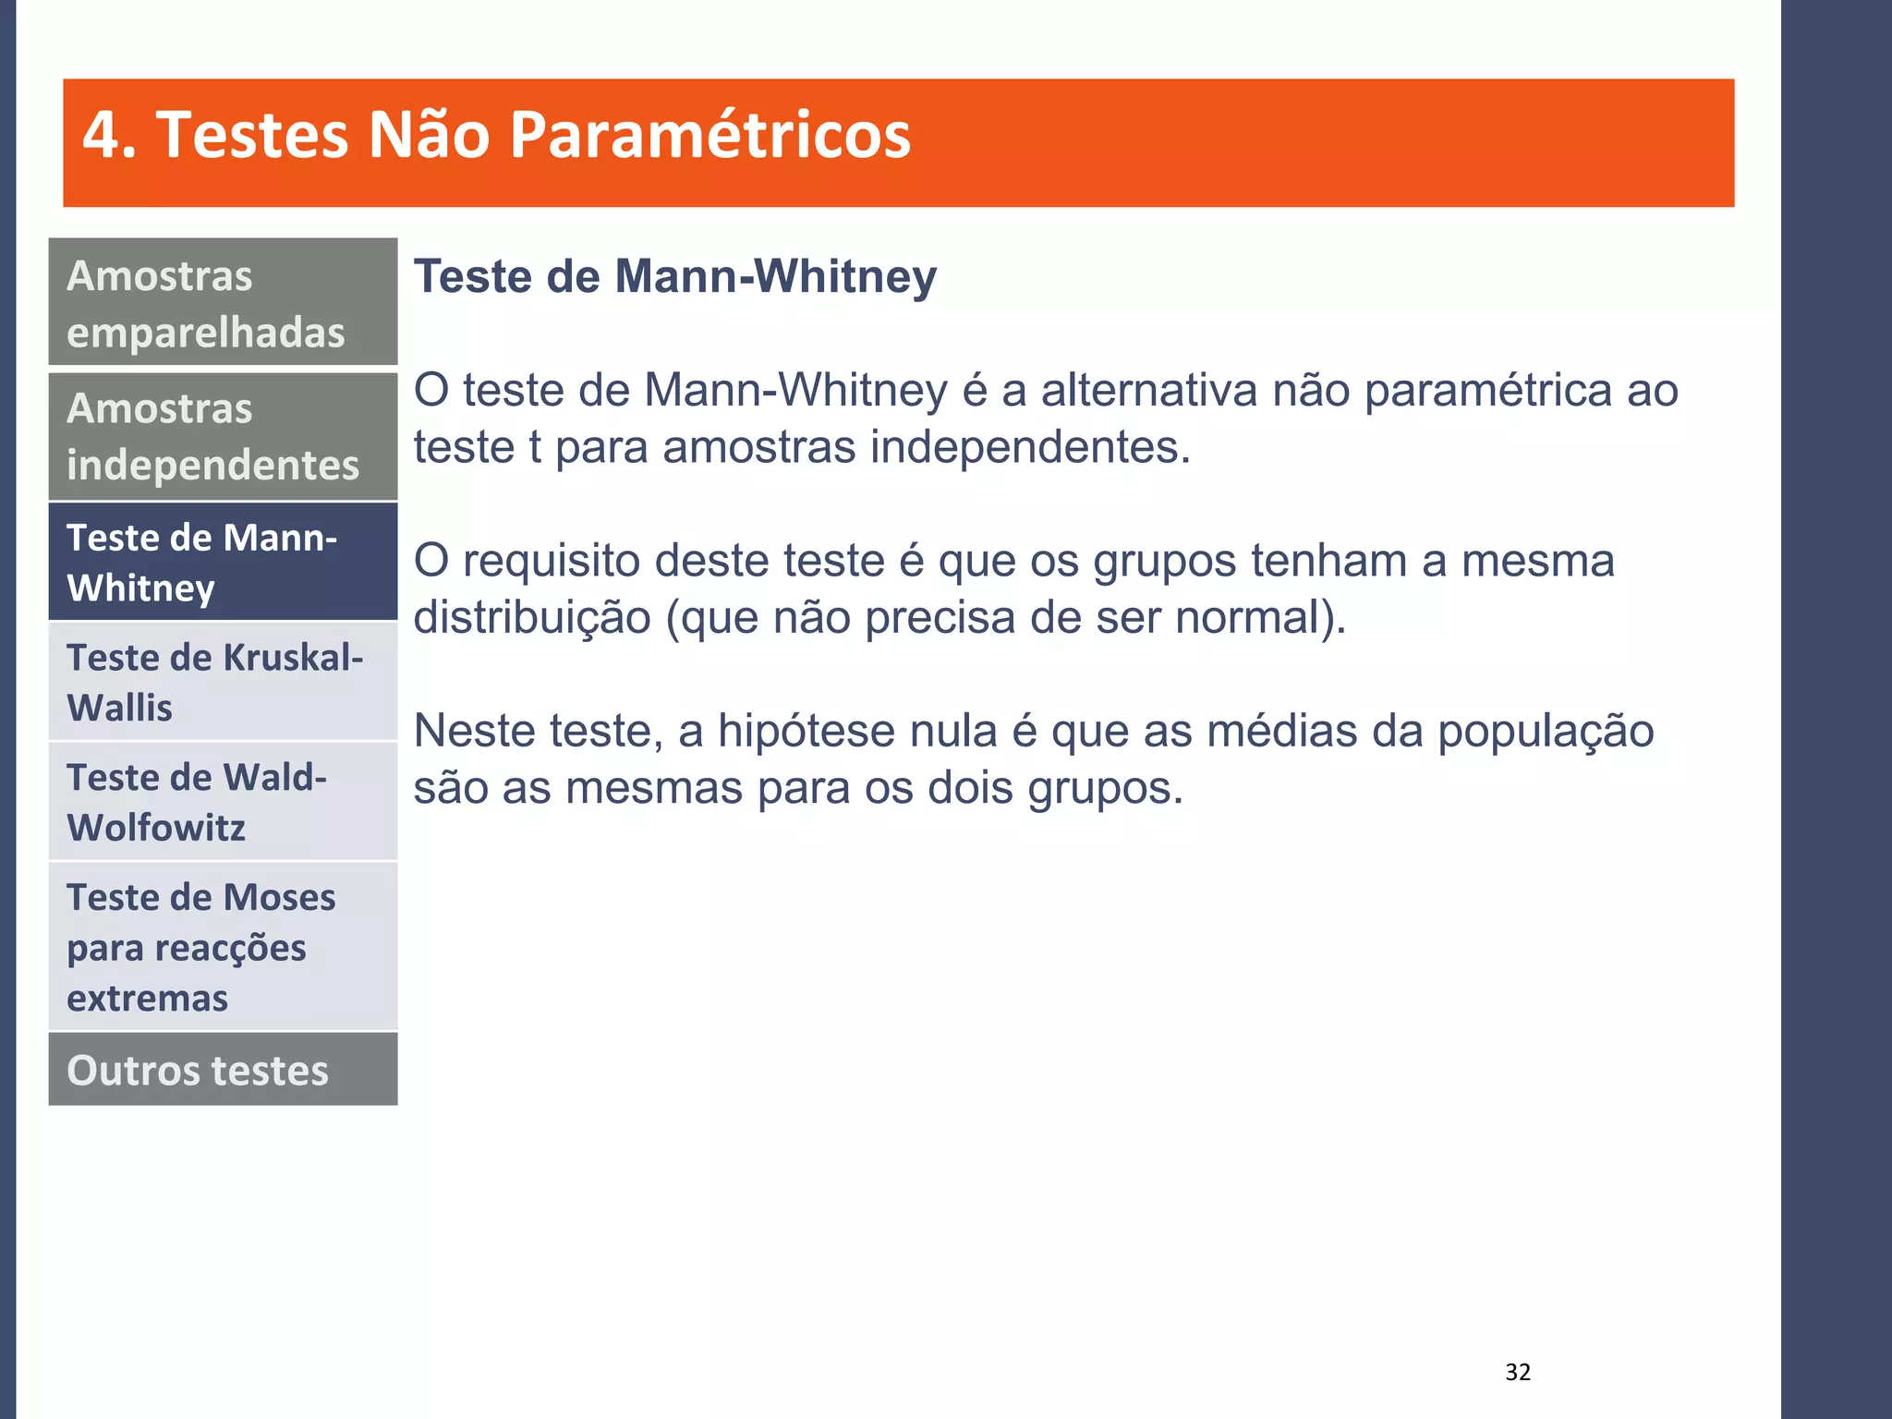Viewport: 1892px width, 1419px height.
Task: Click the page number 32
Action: (x=1518, y=1372)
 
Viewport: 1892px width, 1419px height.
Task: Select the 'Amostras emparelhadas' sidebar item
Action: (x=223, y=303)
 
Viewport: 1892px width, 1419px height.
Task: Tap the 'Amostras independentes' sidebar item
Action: (x=223, y=436)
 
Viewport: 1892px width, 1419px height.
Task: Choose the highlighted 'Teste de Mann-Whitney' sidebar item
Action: (x=223, y=562)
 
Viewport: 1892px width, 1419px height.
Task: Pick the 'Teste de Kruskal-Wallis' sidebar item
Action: (x=223, y=682)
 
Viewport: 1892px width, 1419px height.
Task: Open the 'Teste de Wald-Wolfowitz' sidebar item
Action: (x=223, y=802)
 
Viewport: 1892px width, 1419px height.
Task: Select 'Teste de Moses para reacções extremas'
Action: (x=223, y=947)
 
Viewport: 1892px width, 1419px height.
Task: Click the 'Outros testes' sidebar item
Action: (x=223, y=1070)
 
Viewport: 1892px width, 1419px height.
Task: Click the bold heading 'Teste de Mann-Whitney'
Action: (x=674, y=276)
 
